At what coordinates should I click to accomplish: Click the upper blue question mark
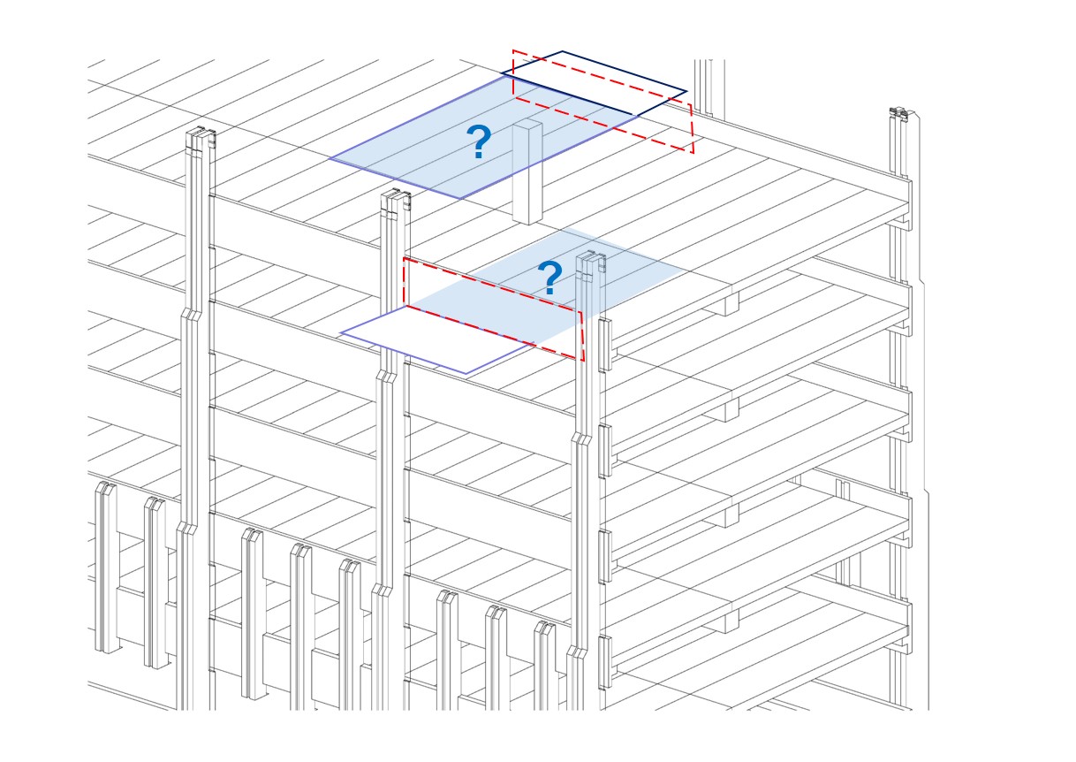[479, 142]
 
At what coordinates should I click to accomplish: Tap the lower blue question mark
[549, 279]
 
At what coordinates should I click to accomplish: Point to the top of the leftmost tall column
[201, 138]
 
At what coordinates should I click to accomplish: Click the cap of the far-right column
[899, 114]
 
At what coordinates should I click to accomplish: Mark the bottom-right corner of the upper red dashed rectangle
[693, 152]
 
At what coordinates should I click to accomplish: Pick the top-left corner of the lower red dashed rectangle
[405, 258]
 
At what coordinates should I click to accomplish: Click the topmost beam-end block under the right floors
[726, 304]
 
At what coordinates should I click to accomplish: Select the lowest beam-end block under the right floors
[726, 621]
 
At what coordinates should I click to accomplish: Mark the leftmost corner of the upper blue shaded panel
[330, 159]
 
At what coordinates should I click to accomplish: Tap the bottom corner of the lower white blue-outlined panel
[466, 373]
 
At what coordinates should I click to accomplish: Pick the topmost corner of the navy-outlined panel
[563, 52]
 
